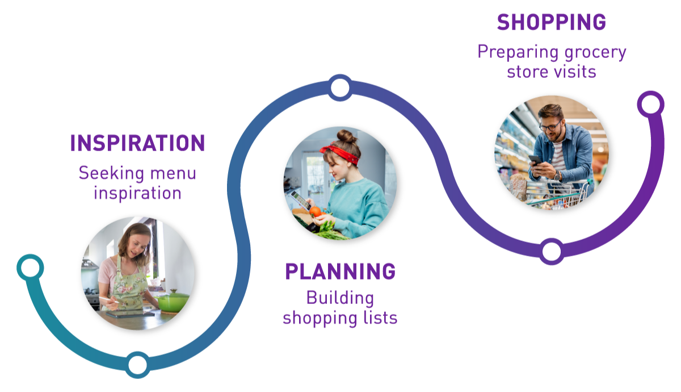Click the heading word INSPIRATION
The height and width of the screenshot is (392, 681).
point(136,147)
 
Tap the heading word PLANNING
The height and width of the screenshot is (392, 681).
point(342,276)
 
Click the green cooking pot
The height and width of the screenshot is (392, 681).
point(173,301)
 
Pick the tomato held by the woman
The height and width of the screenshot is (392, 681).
point(315,211)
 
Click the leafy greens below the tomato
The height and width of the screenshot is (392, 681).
point(327,230)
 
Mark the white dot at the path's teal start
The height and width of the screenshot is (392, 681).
point(30,268)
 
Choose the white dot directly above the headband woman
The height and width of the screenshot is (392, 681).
point(340,87)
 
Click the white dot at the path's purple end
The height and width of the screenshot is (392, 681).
point(650,105)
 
